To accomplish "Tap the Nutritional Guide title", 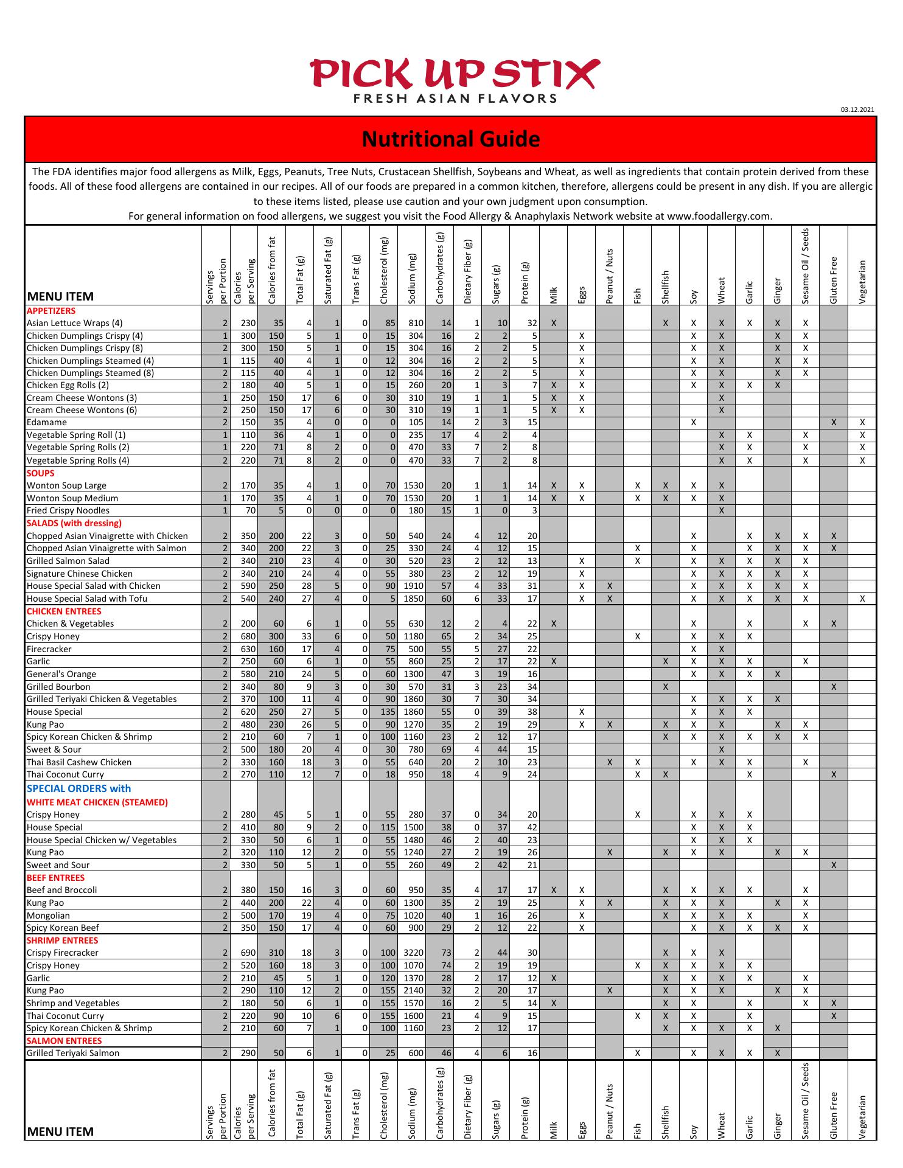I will point(451,139).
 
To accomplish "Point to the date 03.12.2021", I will point(857,109).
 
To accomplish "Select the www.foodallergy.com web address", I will point(719,216).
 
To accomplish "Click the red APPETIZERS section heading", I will point(51,311).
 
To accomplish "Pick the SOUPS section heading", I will point(41,473).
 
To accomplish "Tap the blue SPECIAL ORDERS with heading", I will point(78,788).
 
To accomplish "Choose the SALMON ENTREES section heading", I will point(64,1041).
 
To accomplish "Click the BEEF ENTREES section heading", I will point(56,878).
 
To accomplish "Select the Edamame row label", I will point(47,422).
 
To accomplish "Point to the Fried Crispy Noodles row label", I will point(68,510).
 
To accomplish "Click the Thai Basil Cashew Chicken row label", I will point(79,762).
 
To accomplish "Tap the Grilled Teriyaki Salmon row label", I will point(73,1053).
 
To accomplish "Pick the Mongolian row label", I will point(48,916).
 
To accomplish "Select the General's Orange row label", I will point(61,674).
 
